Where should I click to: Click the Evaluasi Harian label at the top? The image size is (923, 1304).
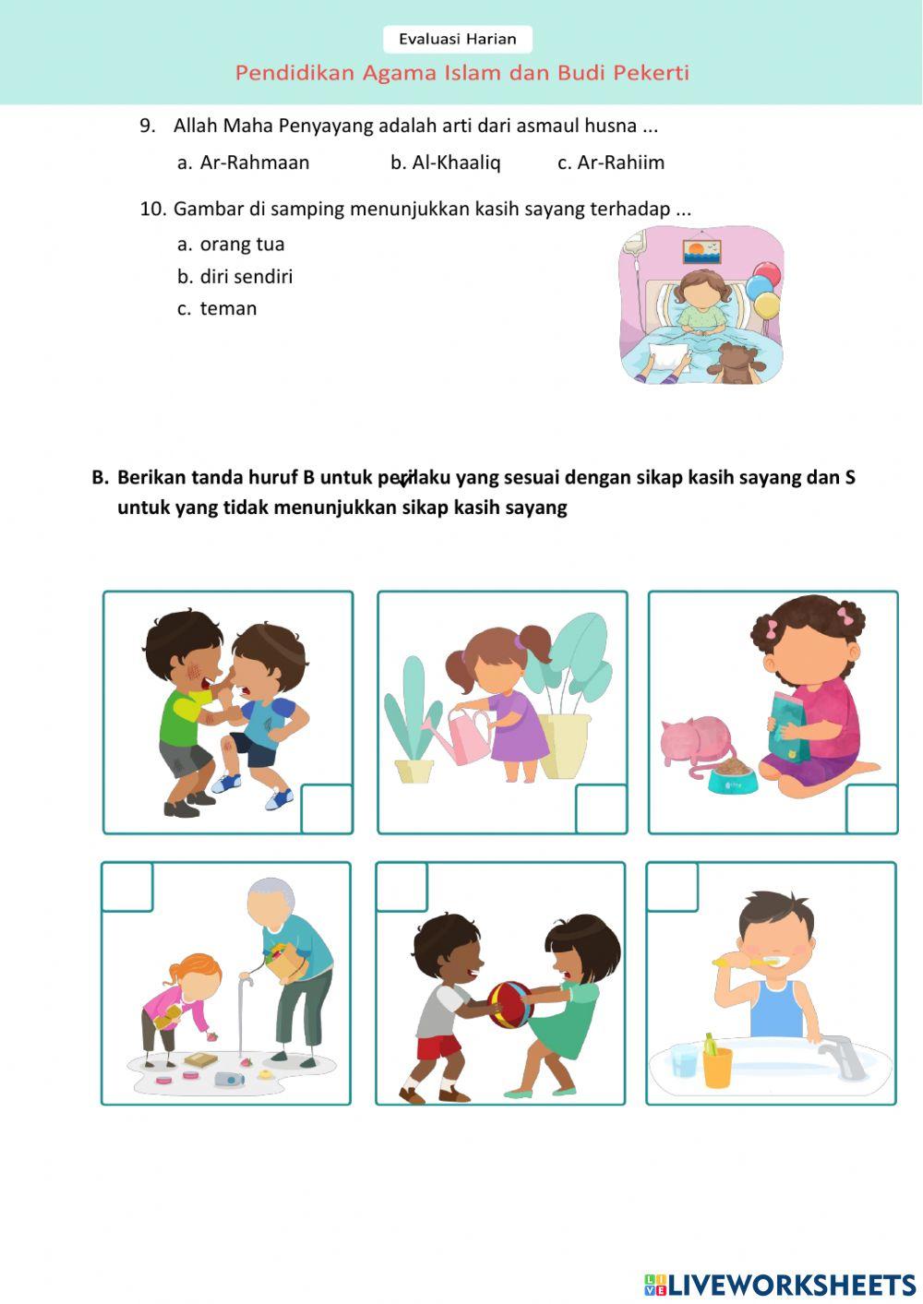click(457, 39)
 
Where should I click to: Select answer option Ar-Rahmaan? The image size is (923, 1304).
click(254, 162)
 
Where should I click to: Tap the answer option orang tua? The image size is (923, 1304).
click(242, 245)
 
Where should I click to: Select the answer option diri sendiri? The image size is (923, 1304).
click(246, 277)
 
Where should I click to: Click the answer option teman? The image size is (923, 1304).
click(228, 309)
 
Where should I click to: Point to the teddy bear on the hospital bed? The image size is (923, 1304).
click(736, 364)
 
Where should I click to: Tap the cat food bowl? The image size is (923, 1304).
click(733, 778)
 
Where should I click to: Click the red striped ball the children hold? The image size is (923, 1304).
click(509, 1003)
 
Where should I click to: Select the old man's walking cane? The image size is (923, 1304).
click(244, 1014)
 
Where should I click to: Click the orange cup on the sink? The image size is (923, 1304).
click(716, 1065)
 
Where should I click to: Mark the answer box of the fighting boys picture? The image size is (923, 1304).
click(327, 808)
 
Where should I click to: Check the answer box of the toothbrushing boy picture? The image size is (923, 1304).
click(672, 887)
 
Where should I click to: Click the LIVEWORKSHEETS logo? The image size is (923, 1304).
click(780, 1284)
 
